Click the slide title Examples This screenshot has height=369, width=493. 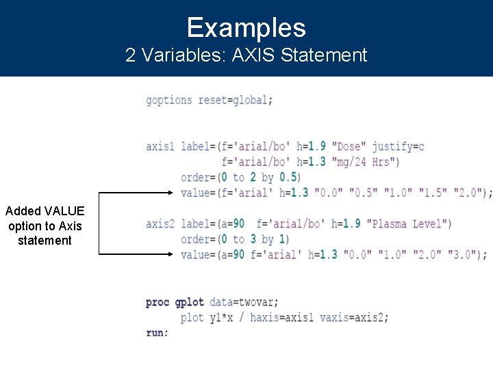click(246, 28)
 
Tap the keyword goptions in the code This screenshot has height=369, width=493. click(169, 100)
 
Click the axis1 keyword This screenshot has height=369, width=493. click(160, 146)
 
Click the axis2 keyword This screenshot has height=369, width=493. click(160, 223)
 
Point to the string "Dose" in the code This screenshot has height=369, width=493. click(349, 146)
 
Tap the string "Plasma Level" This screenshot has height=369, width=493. click(408, 223)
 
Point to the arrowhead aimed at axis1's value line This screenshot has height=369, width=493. click(172, 193)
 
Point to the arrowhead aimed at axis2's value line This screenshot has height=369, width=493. click(172, 254)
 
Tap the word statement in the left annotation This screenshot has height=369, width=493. click(45, 241)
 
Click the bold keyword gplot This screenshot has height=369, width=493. click(189, 302)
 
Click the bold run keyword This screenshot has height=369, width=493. click(156, 333)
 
